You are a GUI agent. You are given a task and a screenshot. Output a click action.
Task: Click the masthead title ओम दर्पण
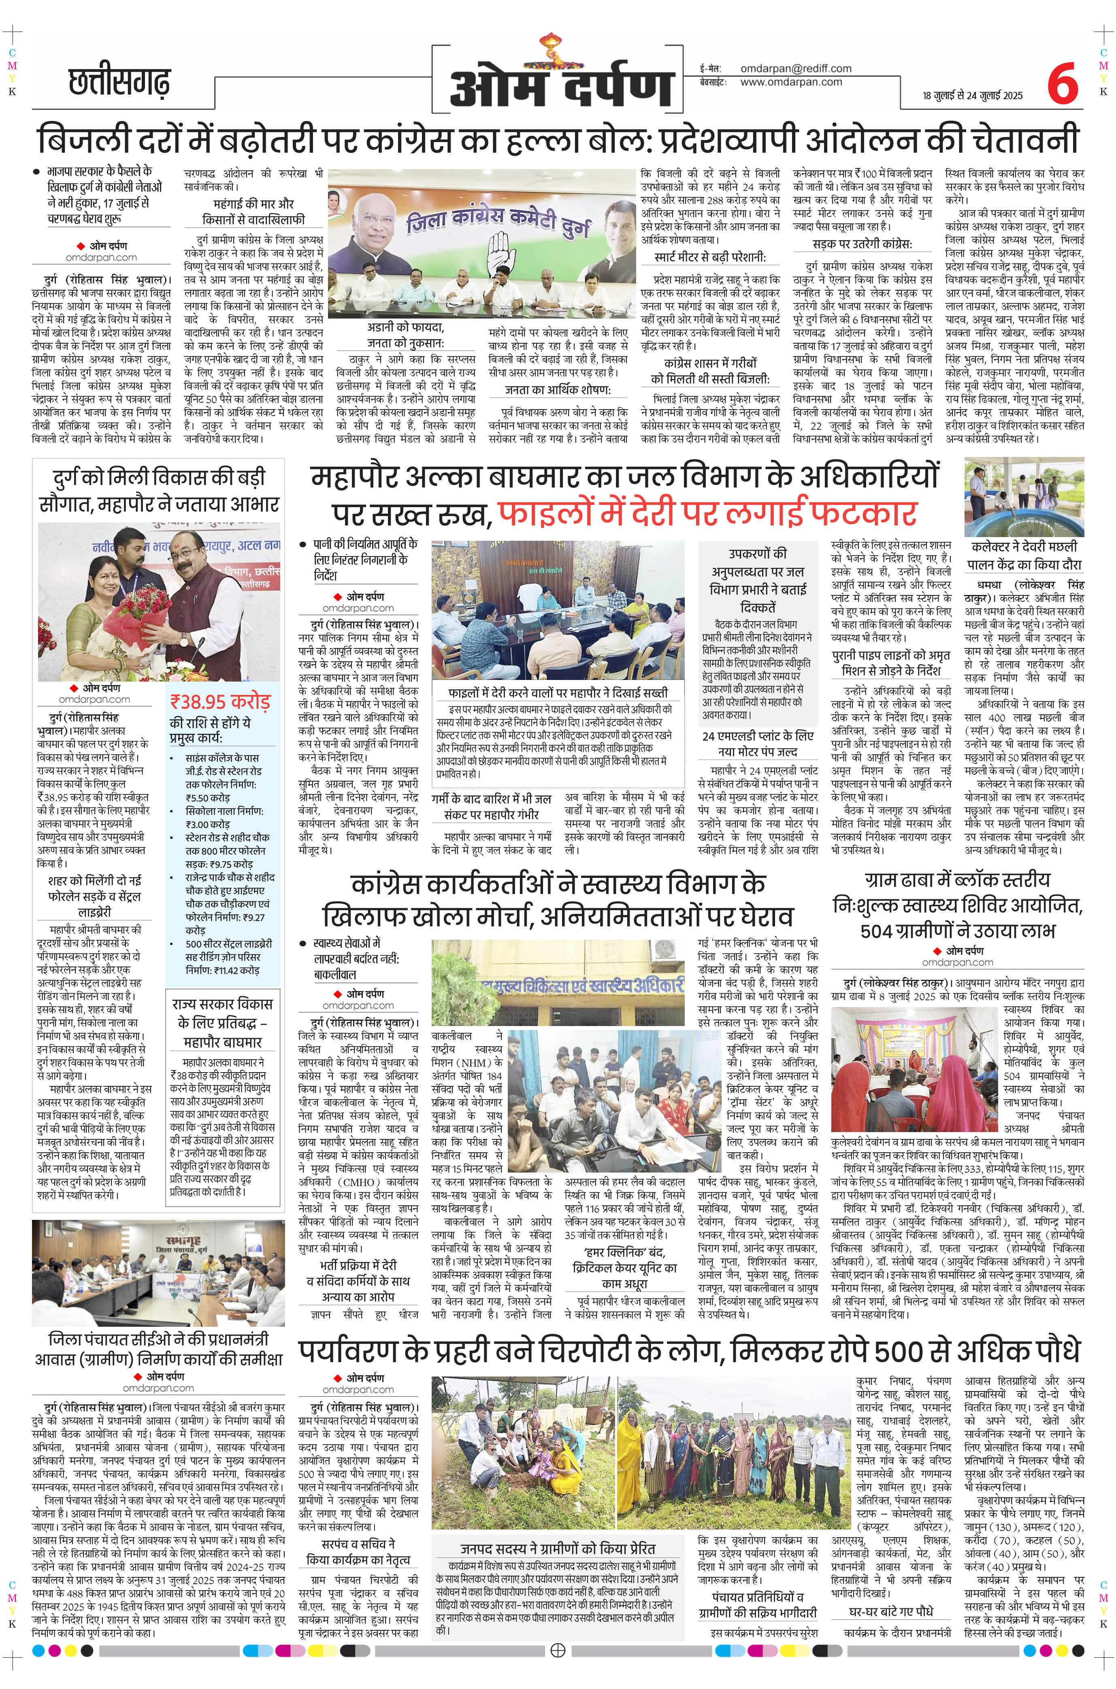pos(561,86)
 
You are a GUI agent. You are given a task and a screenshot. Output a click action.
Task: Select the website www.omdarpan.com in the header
pos(791,82)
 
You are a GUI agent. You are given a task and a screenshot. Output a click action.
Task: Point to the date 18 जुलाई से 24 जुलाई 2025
pos(977,96)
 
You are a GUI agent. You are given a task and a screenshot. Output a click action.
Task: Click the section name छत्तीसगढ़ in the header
pos(119,83)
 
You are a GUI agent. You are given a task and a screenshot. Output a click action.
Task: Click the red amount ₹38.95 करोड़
pos(220,701)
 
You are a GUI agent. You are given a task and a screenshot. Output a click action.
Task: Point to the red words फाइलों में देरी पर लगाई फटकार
pos(706,512)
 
